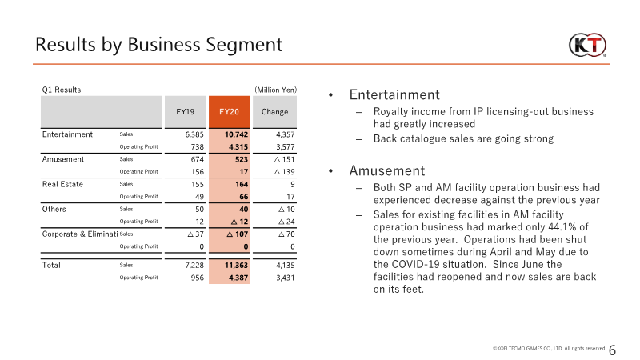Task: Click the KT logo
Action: (587, 45)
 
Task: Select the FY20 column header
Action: (229, 112)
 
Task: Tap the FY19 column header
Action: (186, 112)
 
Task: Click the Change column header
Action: (274, 112)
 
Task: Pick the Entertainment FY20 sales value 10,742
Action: (236, 134)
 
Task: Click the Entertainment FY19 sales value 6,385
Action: (194, 134)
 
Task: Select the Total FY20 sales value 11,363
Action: (236, 266)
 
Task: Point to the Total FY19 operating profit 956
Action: (197, 278)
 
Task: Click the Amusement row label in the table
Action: (63, 159)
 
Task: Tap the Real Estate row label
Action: (62, 184)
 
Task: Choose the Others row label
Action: (54, 209)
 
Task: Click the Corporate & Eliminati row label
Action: (80, 234)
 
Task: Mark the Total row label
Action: (51, 266)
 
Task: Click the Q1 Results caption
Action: (62, 90)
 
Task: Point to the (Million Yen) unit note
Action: (275, 90)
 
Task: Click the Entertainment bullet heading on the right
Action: (394, 94)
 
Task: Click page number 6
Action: (612, 350)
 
